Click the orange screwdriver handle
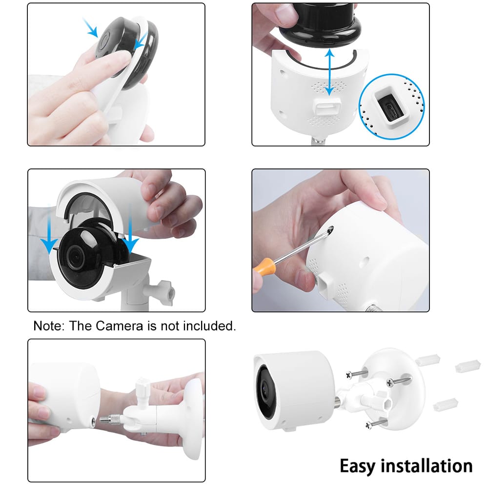click(x=264, y=273)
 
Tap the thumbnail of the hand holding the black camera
click(x=116, y=74)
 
